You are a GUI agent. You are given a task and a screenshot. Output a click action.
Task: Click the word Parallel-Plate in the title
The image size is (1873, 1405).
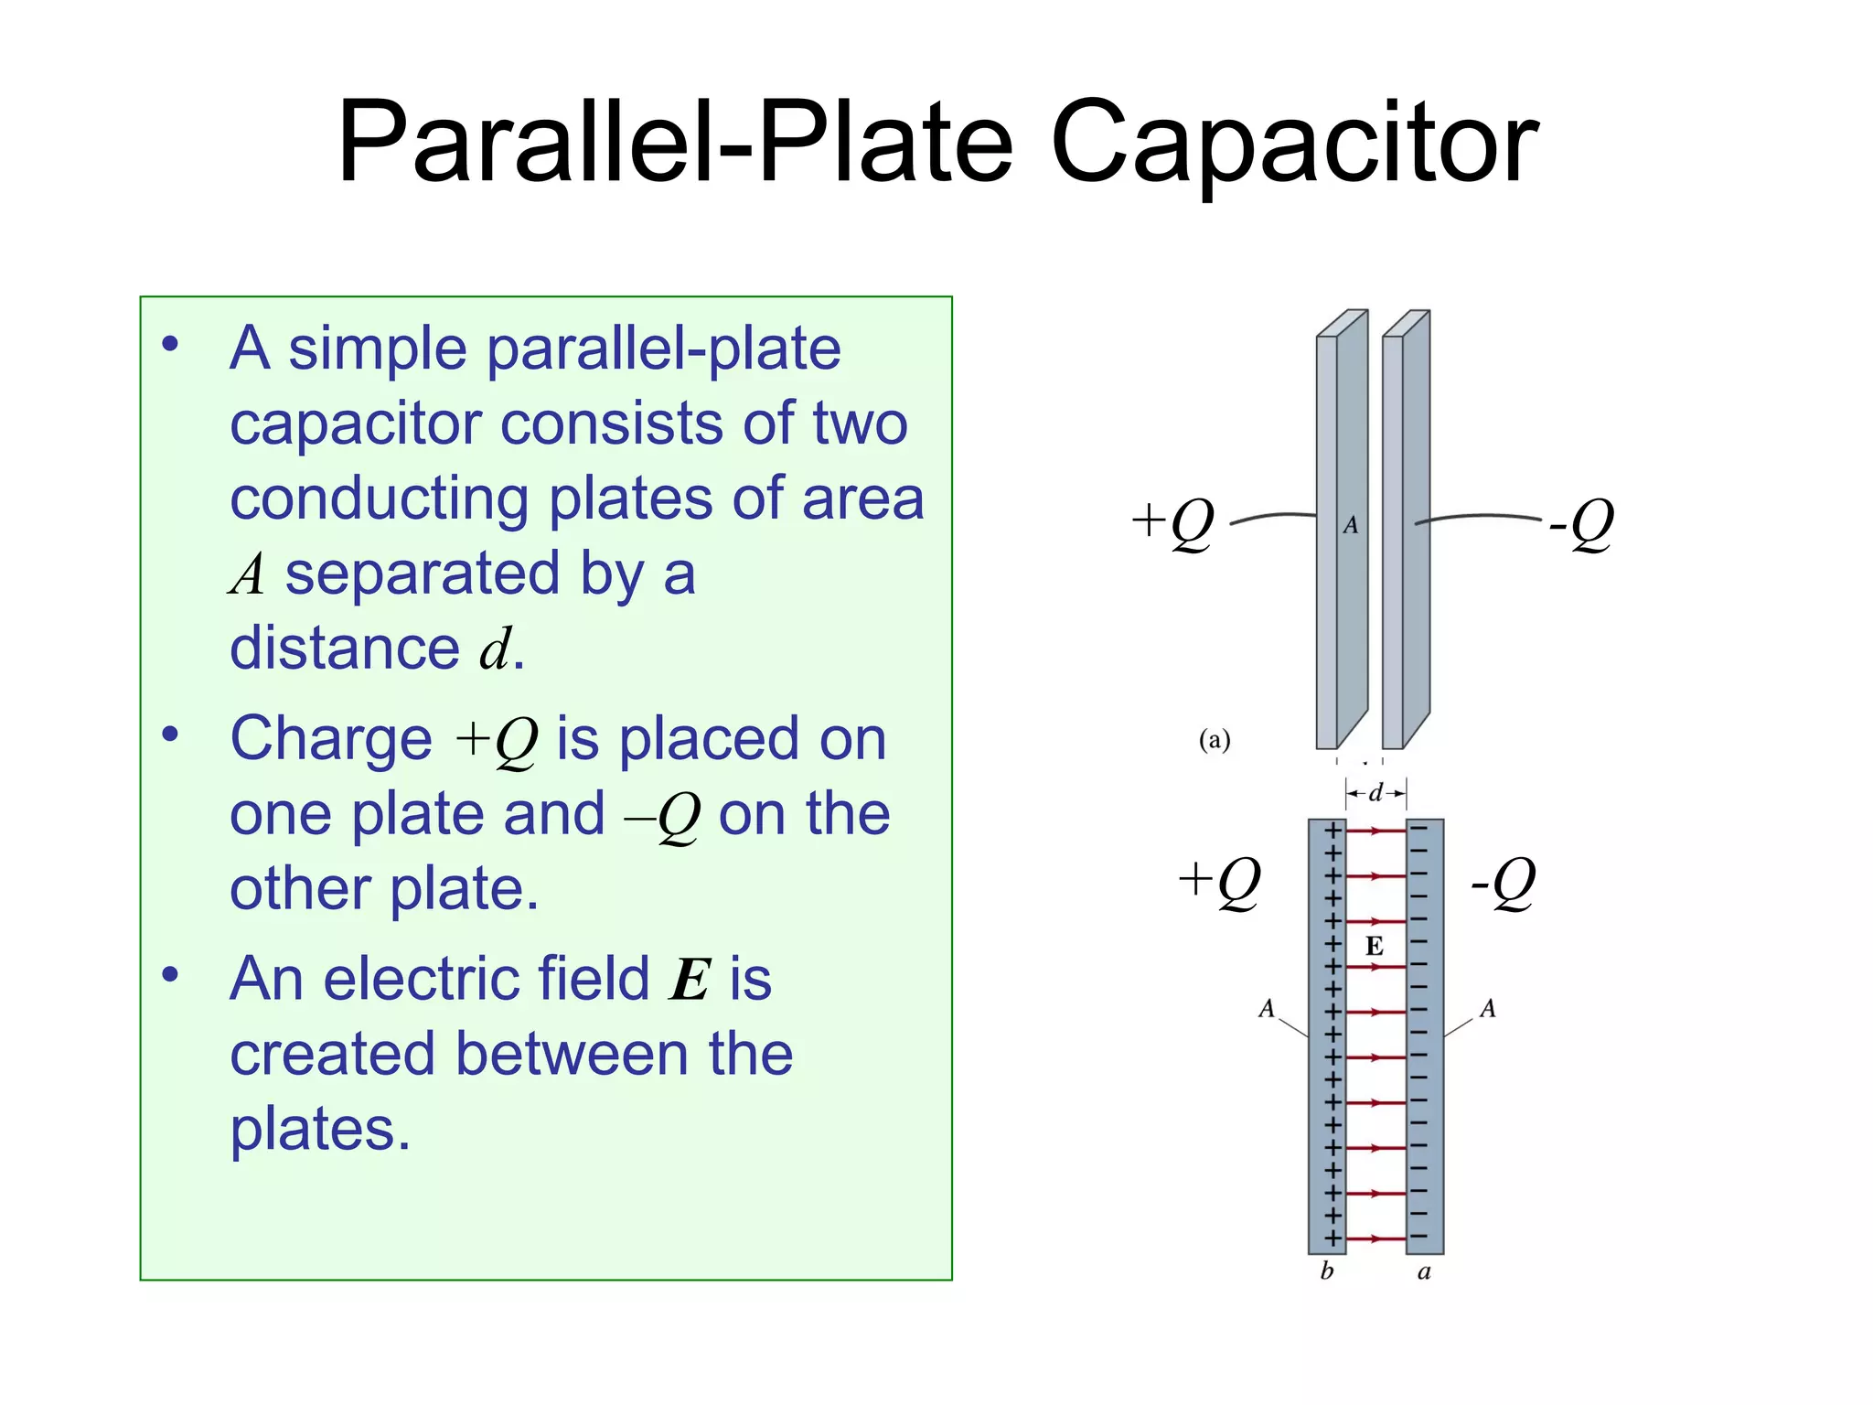click(x=675, y=145)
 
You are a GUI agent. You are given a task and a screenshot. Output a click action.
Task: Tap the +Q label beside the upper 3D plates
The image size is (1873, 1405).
click(x=1172, y=523)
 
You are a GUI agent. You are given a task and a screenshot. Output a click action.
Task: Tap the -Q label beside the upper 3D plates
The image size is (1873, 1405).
click(x=1580, y=523)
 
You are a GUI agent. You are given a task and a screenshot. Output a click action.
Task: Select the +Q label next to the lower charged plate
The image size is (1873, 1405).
click(x=1219, y=882)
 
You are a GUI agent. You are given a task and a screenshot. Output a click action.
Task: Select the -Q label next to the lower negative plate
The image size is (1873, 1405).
click(x=1503, y=882)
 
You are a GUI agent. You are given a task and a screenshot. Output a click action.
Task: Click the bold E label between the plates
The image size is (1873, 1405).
click(x=1374, y=946)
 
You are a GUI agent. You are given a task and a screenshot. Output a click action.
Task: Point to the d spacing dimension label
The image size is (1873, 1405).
click(x=1375, y=793)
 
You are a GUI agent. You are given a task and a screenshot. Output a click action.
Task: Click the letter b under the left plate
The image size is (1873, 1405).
click(x=1327, y=1271)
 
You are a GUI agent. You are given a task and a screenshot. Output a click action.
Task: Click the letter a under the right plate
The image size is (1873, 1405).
click(x=1424, y=1272)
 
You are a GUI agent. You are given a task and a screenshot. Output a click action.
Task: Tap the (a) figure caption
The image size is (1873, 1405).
click(x=1215, y=739)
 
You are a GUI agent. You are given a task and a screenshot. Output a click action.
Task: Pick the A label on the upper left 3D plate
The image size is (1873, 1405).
click(x=1351, y=525)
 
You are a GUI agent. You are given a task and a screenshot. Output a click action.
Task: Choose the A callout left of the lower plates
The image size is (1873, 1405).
click(x=1267, y=1009)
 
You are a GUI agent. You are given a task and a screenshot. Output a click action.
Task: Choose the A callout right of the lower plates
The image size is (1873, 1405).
click(x=1488, y=1009)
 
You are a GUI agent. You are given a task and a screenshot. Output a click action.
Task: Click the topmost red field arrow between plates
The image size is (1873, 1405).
click(x=1375, y=831)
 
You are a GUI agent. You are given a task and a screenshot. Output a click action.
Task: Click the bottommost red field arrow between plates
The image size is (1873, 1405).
click(x=1375, y=1239)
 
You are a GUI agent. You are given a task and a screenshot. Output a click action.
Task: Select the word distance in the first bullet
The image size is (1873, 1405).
click(x=345, y=648)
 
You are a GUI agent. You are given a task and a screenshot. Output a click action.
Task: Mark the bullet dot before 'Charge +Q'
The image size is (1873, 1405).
click(x=170, y=735)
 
